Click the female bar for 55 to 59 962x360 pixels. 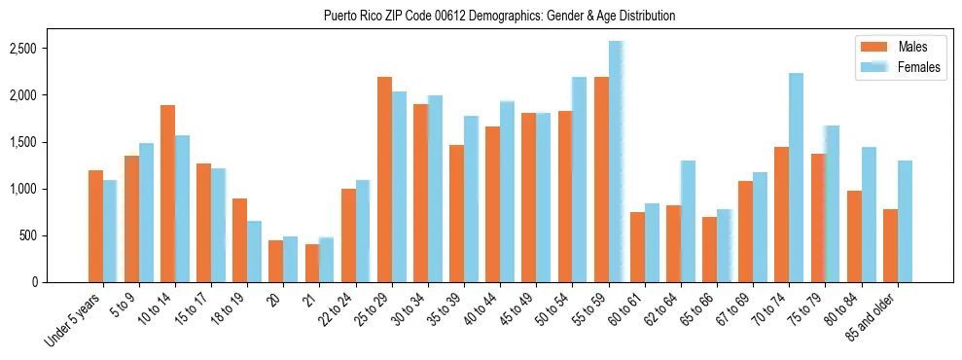click(x=616, y=162)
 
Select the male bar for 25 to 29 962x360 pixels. click(x=384, y=179)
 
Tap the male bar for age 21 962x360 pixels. click(x=312, y=263)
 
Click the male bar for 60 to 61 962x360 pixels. click(x=637, y=247)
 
